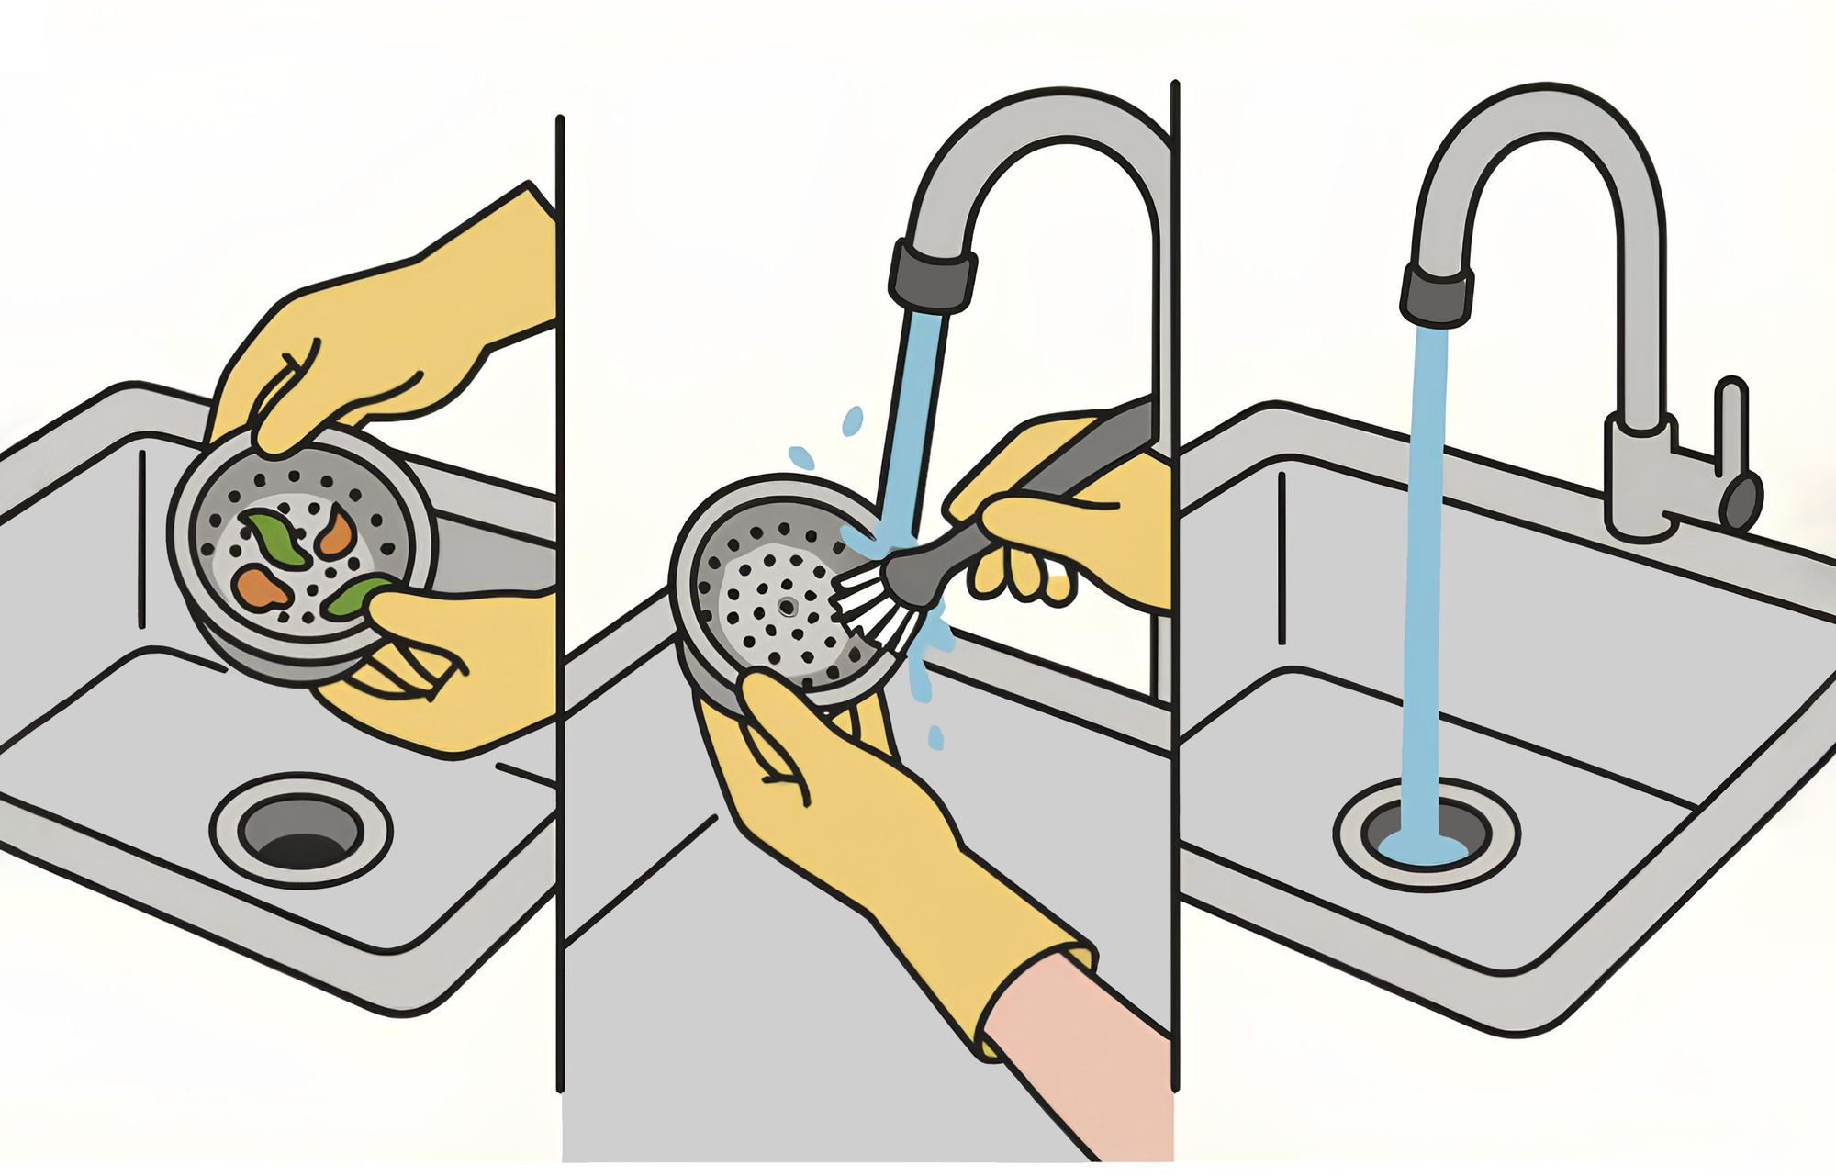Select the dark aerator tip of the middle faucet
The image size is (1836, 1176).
click(932, 277)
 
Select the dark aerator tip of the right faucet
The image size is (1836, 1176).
click(1437, 296)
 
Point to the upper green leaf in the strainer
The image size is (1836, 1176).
click(275, 542)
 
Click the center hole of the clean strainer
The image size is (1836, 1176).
click(786, 606)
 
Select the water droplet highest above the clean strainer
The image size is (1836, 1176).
click(853, 420)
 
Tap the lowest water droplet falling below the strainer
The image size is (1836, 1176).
click(935, 736)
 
